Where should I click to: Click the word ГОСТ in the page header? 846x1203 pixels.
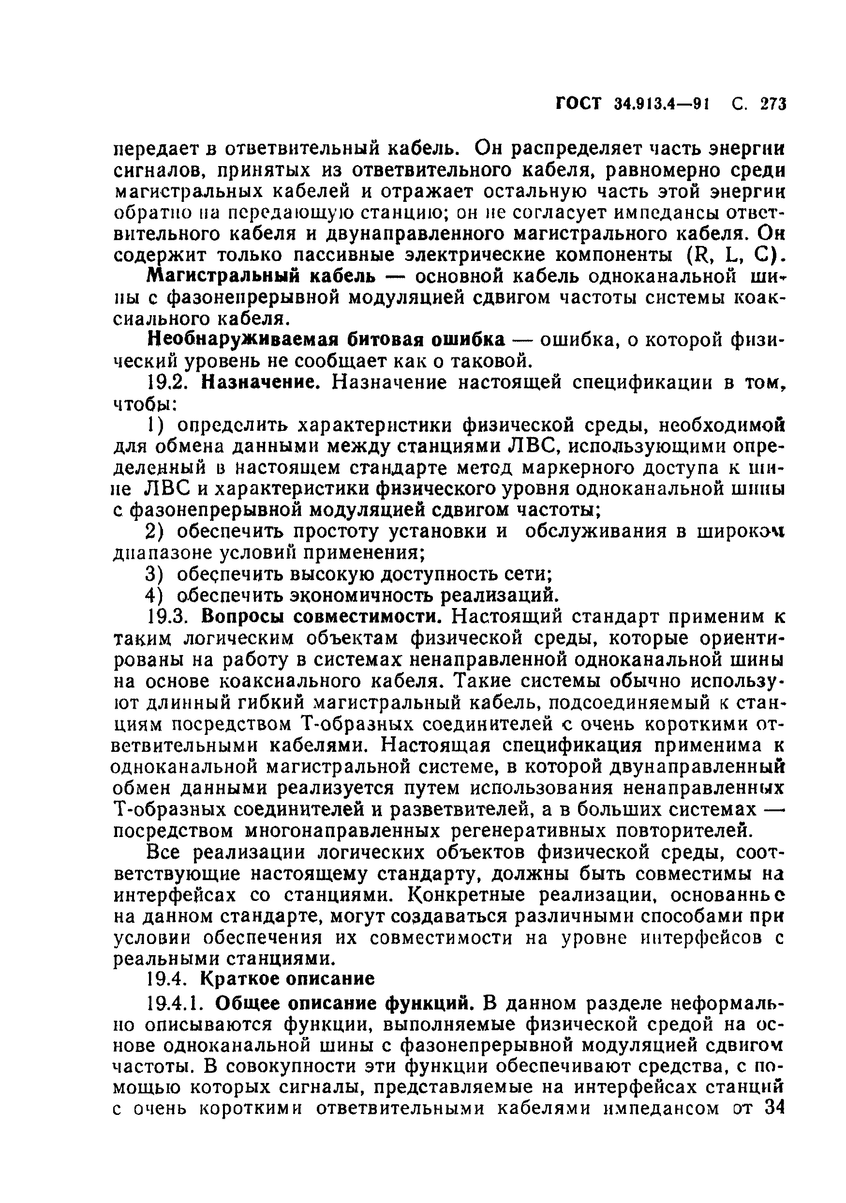(x=579, y=104)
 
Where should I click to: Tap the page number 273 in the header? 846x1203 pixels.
(x=773, y=104)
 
